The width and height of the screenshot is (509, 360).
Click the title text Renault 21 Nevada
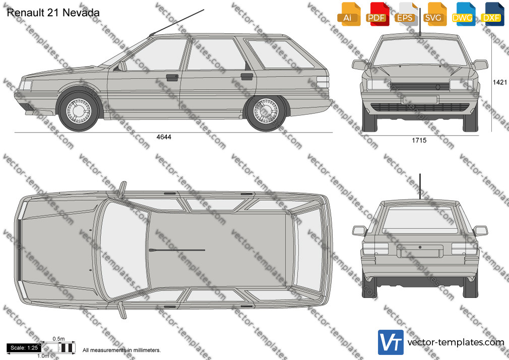(x=53, y=13)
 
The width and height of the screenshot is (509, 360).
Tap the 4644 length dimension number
(x=164, y=137)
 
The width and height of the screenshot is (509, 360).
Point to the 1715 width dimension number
(x=419, y=140)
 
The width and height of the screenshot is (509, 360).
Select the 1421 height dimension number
(x=499, y=82)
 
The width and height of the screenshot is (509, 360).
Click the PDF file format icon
(x=377, y=14)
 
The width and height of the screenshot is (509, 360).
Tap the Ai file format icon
(x=349, y=14)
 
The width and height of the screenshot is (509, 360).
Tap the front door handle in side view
(x=172, y=77)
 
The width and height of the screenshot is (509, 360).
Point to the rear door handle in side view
(x=247, y=77)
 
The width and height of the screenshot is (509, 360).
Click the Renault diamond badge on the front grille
(x=437, y=87)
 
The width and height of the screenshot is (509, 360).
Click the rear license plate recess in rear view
(x=420, y=251)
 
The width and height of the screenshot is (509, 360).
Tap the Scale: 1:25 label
(x=24, y=348)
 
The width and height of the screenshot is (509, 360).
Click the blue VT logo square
(x=391, y=342)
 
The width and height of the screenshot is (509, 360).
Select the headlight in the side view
(x=26, y=85)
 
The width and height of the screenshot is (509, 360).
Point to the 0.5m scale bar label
(x=59, y=339)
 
